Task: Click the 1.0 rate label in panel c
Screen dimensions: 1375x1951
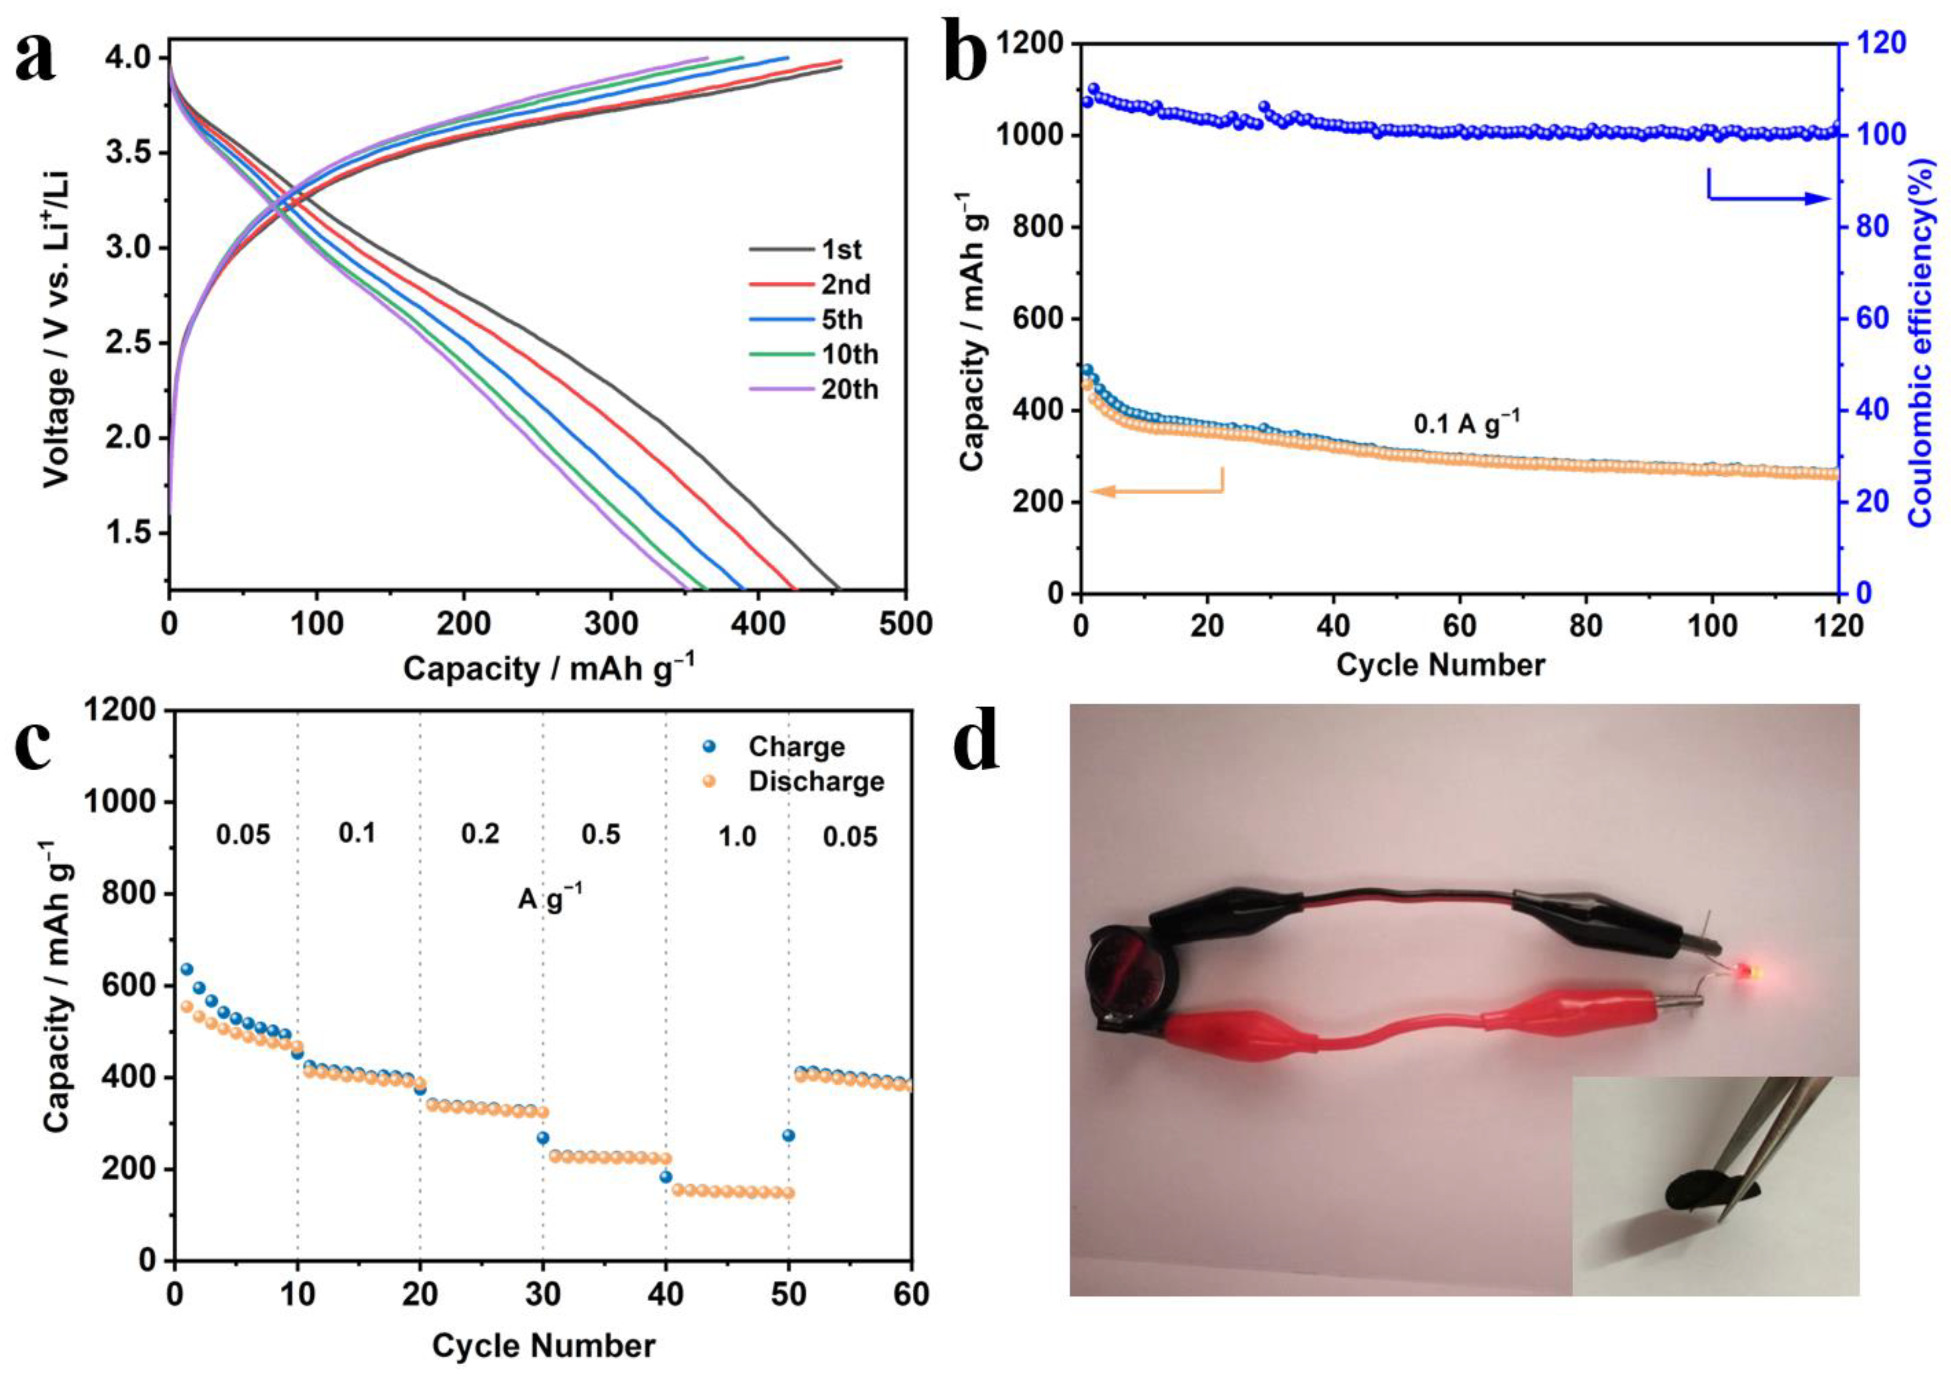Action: click(737, 837)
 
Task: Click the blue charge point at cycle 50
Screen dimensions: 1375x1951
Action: click(789, 1135)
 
